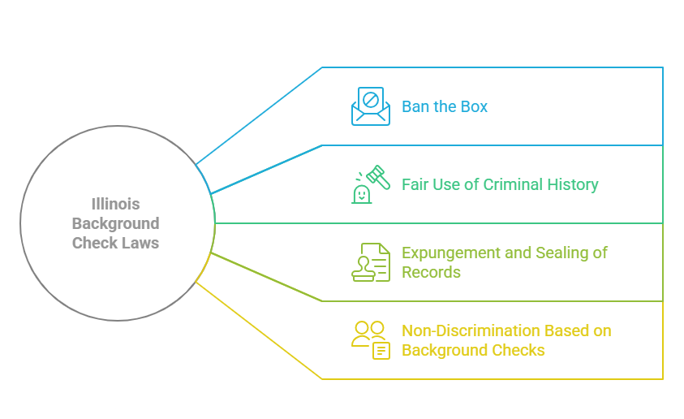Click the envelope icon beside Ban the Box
pyautogui.click(x=371, y=106)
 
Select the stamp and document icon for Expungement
pyautogui.click(x=371, y=262)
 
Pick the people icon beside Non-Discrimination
pyautogui.click(x=371, y=339)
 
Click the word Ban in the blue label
pyautogui.click(x=415, y=107)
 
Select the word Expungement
pyautogui.click(x=451, y=253)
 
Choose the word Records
pyautogui.click(x=432, y=272)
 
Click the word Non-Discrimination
pyautogui.click(x=471, y=330)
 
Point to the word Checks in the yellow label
pyautogui.click(x=519, y=350)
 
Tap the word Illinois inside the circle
pyautogui.click(x=116, y=204)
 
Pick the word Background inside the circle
pyautogui.click(x=116, y=223)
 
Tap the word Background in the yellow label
pyautogui.click(x=445, y=350)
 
